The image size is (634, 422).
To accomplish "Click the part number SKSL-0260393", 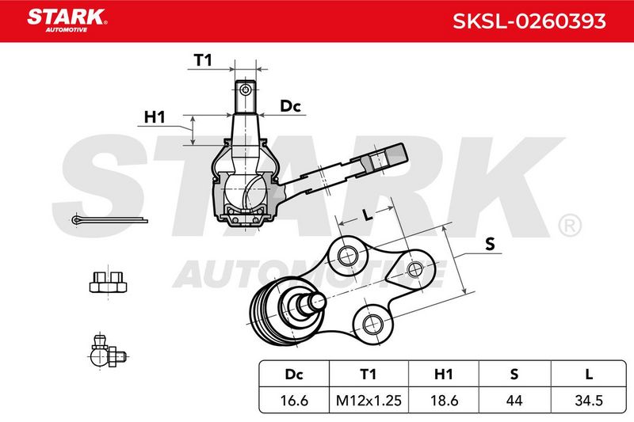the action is click(x=529, y=21).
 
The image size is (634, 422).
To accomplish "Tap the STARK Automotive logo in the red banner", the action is click(x=67, y=21).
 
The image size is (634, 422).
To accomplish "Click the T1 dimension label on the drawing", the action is click(x=203, y=60).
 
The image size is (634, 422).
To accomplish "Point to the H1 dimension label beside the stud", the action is click(x=155, y=117).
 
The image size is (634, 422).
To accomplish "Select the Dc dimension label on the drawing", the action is click(x=290, y=106).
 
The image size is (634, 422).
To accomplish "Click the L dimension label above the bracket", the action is click(x=367, y=215).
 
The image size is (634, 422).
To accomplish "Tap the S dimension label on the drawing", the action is click(x=490, y=244).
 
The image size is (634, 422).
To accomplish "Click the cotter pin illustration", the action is click(x=109, y=220).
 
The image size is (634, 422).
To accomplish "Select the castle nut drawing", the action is click(x=108, y=282).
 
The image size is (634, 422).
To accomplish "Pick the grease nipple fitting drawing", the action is click(x=108, y=352).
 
